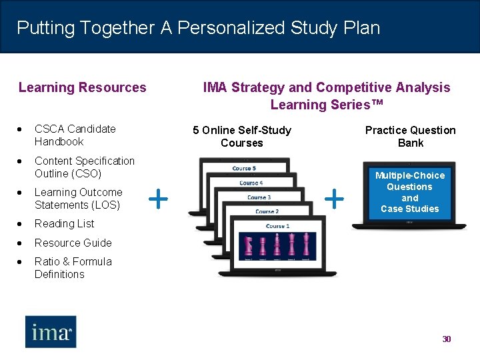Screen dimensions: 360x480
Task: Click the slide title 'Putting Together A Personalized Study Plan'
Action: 198,28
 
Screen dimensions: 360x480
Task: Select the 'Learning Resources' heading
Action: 82,87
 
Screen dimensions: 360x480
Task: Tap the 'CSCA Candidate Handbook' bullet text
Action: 75,135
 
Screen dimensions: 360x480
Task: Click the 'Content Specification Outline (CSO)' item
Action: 84,167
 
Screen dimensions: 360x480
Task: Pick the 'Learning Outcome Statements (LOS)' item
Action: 78,199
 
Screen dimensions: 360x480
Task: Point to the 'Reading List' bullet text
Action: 64,224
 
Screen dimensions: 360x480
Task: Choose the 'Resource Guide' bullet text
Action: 73,243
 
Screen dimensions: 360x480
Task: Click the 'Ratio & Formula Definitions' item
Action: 73,268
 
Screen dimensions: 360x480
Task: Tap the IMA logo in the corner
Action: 51,331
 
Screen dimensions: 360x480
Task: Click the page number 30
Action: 447,339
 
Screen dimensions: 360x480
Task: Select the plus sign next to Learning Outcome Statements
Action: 157,198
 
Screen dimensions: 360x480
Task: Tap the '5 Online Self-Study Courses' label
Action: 241,137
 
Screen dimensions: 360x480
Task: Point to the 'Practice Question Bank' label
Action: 410,137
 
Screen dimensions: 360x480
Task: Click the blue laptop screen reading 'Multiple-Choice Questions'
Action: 409,192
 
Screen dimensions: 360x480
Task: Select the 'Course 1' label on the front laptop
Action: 277,226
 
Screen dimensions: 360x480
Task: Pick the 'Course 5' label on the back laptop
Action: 243,169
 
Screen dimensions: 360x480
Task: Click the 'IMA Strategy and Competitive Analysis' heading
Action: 326,87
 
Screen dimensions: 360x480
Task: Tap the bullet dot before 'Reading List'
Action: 22,224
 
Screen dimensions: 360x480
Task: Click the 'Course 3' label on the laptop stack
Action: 259,197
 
